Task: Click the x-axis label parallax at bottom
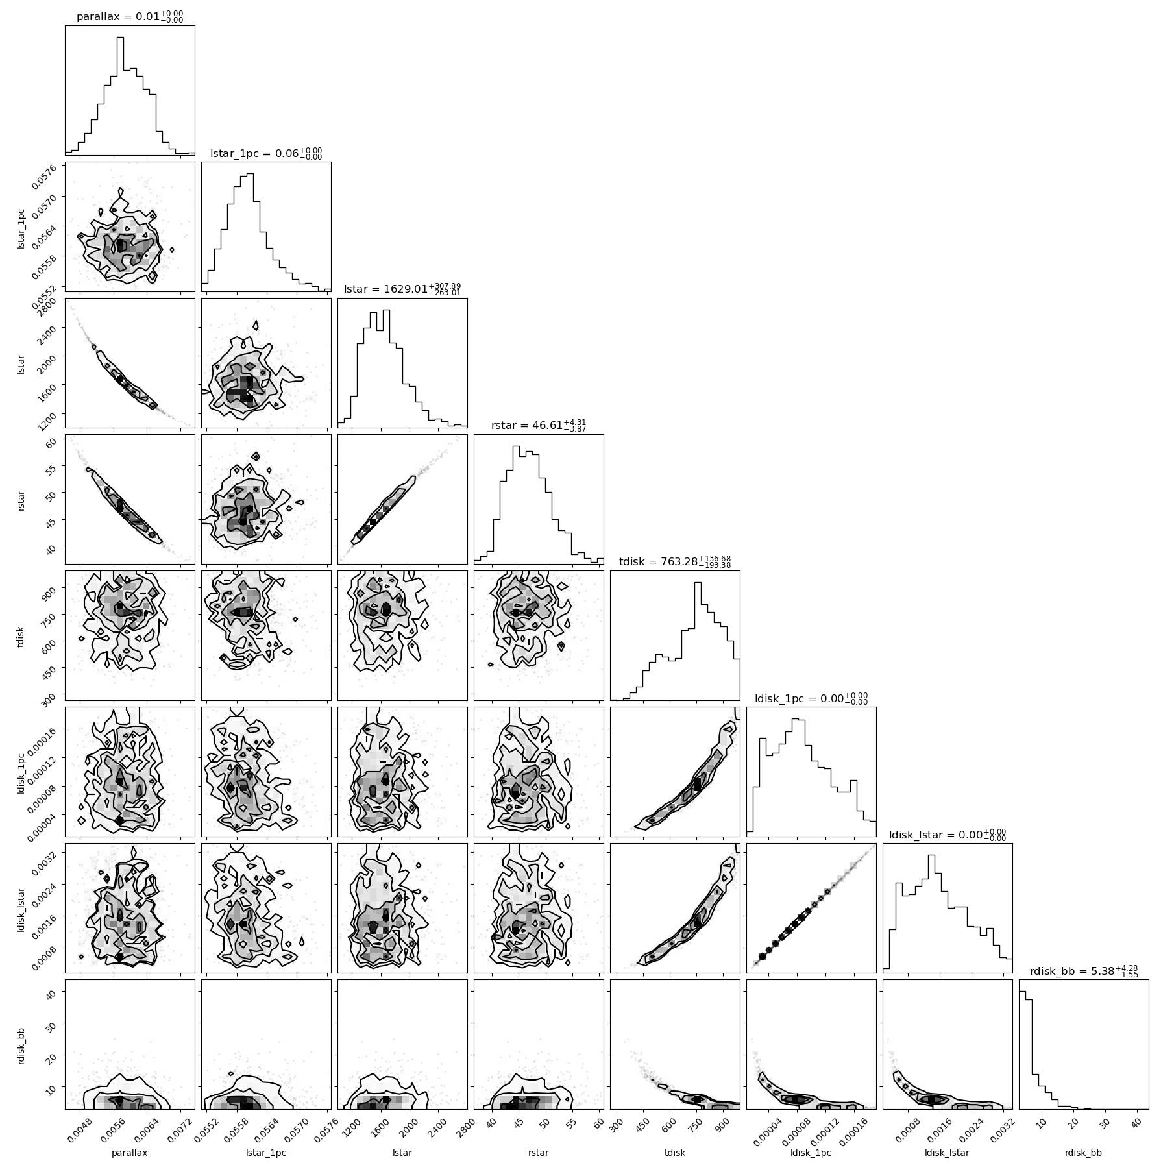[130, 1153]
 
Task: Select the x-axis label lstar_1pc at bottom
[266, 1153]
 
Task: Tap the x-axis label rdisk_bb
[1084, 1153]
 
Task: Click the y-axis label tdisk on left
[21, 635]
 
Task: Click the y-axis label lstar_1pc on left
[21, 226]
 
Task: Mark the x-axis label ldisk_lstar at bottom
[948, 1153]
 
